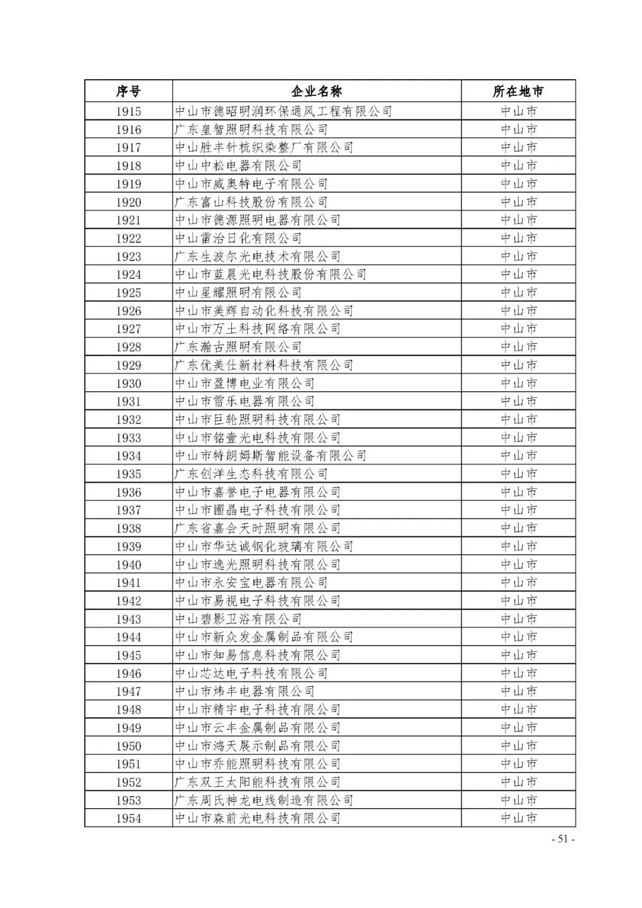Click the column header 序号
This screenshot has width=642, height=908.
pos(128,92)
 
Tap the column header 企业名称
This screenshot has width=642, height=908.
pos(316,92)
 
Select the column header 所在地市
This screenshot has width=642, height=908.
pos(518,92)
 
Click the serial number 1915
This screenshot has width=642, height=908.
pos(128,111)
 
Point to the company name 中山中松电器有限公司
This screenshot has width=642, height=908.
pos(238,166)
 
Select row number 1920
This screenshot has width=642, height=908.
pos(128,202)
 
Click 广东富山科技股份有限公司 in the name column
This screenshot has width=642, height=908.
pos(251,202)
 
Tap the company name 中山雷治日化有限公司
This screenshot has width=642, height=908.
pos(238,238)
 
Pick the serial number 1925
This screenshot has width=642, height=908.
pos(128,293)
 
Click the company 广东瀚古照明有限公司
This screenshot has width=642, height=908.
pos(238,347)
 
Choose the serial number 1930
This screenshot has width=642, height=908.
pos(128,384)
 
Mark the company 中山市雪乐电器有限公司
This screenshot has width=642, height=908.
pos(245,401)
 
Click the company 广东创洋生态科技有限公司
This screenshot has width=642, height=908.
pos(251,474)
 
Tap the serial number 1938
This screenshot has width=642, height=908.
pos(128,529)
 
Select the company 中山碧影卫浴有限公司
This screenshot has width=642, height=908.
pos(238,619)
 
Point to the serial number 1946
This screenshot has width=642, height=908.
pos(128,674)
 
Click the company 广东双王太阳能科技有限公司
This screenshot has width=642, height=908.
pos(257,783)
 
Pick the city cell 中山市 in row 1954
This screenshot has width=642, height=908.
pos(518,818)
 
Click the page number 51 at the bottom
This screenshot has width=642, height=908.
pos(563,839)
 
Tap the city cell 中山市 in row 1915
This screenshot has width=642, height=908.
pos(518,111)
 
